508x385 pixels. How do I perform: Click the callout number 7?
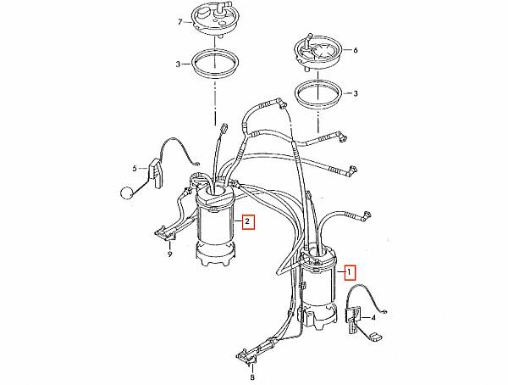click(x=180, y=22)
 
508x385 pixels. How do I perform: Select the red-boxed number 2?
click(x=247, y=221)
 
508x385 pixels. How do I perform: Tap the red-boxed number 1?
click(x=349, y=273)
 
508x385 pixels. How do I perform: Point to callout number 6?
click(x=356, y=50)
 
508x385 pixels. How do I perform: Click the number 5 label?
click(x=135, y=168)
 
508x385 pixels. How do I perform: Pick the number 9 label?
click(x=169, y=254)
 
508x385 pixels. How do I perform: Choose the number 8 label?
click(x=252, y=377)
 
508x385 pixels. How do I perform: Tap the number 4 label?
click(x=373, y=317)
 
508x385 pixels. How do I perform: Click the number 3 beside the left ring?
click(x=178, y=64)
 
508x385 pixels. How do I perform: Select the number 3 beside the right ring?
click(x=356, y=93)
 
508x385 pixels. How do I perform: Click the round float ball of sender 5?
click(x=126, y=193)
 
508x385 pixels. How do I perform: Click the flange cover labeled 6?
click(x=317, y=52)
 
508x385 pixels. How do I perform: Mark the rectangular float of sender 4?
click(x=375, y=337)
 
